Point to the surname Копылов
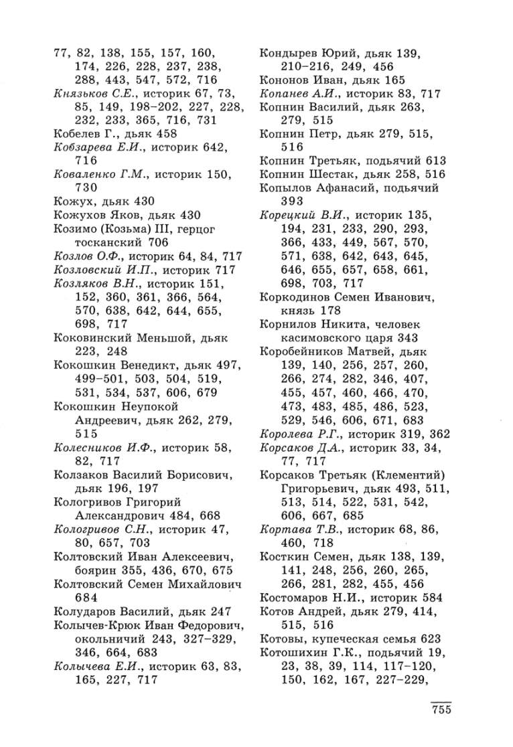(x=285, y=188)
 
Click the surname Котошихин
(x=293, y=651)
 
